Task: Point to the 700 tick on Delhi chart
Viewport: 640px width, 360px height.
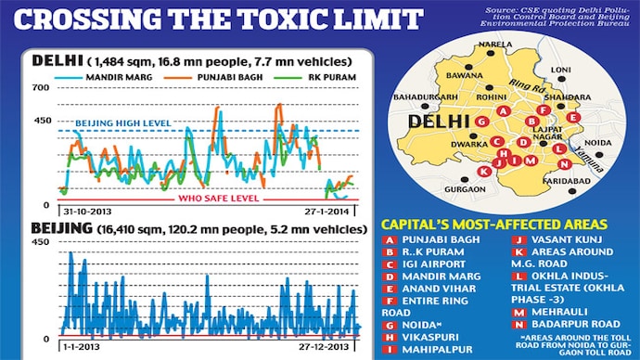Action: pos(42,87)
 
